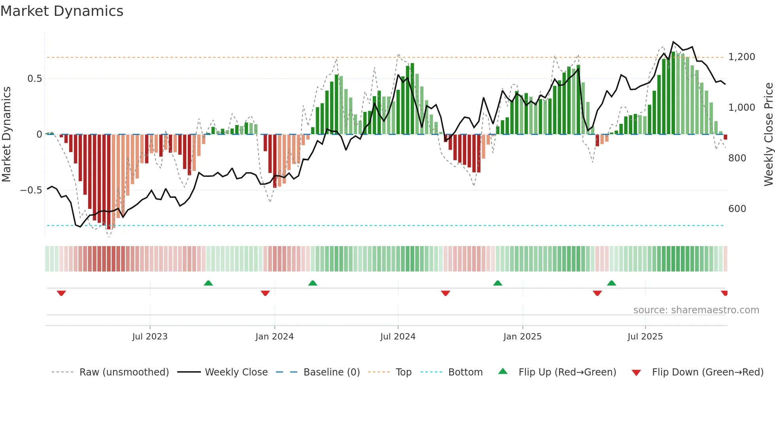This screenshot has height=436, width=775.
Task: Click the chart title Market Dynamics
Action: click(62, 11)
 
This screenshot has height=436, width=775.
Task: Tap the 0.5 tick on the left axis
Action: click(34, 79)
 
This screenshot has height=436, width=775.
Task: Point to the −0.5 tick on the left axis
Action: click(31, 190)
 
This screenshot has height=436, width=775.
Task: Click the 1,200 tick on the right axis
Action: click(741, 57)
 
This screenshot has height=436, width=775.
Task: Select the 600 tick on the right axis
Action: click(737, 209)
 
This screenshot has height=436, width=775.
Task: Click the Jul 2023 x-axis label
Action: click(150, 337)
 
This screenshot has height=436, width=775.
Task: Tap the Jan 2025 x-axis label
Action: click(522, 337)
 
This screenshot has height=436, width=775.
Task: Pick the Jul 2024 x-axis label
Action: click(398, 337)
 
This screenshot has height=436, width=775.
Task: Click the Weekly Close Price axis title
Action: click(768, 135)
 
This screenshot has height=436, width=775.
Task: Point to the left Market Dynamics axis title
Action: click(6, 135)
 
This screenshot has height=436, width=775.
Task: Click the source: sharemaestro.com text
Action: click(696, 310)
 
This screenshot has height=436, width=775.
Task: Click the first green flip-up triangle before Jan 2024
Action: click(208, 283)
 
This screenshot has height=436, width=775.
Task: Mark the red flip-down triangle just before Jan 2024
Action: click(265, 293)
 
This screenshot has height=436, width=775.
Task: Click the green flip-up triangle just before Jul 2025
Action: click(611, 283)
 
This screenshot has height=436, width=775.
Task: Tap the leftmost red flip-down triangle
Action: click(61, 293)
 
